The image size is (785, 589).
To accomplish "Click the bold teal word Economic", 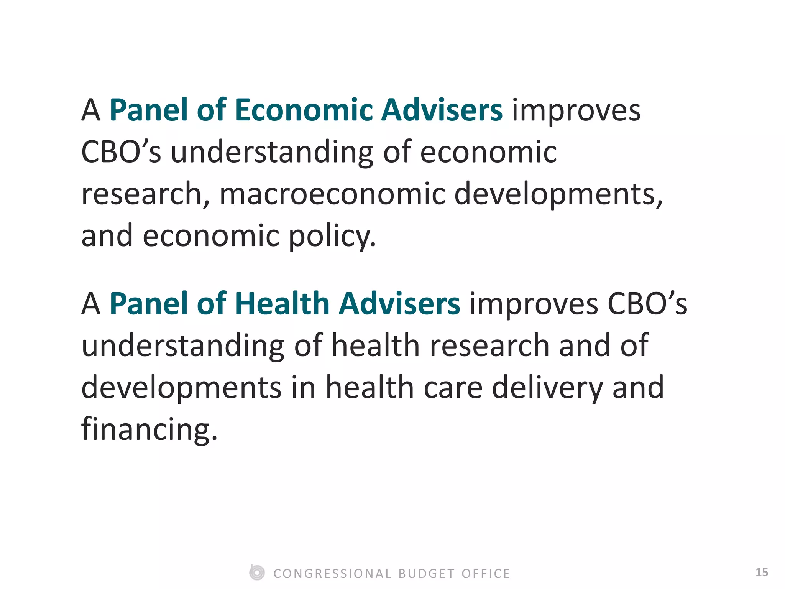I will [x=304, y=110].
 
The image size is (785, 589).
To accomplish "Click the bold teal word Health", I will [x=282, y=304].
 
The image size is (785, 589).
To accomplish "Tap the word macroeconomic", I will [x=332, y=194].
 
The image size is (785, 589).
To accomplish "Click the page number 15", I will [x=761, y=573].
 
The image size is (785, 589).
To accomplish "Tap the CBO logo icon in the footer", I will [x=256, y=573].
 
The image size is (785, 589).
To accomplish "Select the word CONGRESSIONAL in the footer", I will [x=332, y=574].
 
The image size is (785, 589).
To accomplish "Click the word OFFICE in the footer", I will [x=486, y=574].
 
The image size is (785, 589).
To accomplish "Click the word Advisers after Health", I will [x=399, y=304].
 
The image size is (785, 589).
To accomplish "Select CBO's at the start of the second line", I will [x=121, y=152].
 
